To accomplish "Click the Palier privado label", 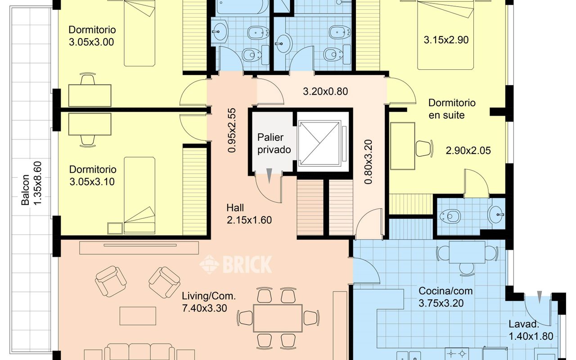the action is pyautogui.click(x=274, y=144).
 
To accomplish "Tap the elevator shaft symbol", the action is pyautogui.click(x=319, y=144).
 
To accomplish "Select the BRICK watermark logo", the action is pyautogui.click(x=235, y=264).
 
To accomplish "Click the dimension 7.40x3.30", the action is pyautogui.click(x=204, y=308).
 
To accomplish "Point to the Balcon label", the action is pyautogui.click(x=25, y=190).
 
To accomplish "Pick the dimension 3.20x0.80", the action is pyautogui.click(x=325, y=91).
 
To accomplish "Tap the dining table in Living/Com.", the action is pyautogui.click(x=278, y=318).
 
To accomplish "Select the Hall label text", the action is pyautogui.click(x=235, y=208).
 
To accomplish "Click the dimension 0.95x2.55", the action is pyautogui.click(x=232, y=130).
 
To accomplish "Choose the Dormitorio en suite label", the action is pyautogui.click(x=452, y=109).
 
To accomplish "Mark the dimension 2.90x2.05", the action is pyautogui.click(x=468, y=150).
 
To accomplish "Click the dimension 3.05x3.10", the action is pyautogui.click(x=92, y=182).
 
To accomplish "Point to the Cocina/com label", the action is pyautogui.click(x=445, y=291).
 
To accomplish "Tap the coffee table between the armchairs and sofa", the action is pyautogui.click(x=138, y=316).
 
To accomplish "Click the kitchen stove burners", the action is pyautogui.click(x=457, y=354).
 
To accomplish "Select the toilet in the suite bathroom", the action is pyautogui.click(x=450, y=216).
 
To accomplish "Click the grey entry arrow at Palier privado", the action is pyautogui.click(x=269, y=175).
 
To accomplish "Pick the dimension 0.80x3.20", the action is pyautogui.click(x=368, y=162).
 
